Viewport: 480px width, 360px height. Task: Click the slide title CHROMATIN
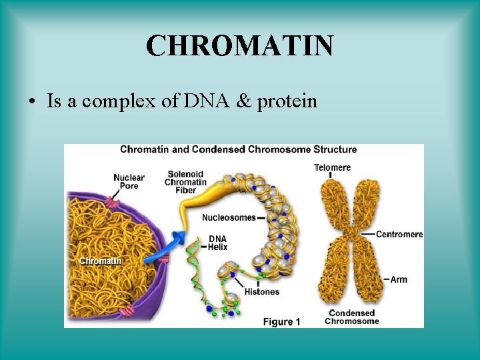(x=239, y=46)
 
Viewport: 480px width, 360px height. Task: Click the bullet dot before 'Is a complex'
(x=31, y=102)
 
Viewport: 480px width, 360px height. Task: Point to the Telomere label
(x=332, y=167)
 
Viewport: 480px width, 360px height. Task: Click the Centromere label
(x=399, y=234)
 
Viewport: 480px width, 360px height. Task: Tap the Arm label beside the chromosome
(x=399, y=279)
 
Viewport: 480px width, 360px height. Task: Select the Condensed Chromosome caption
(x=351, y=317)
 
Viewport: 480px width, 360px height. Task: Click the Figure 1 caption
(x=281, y=322)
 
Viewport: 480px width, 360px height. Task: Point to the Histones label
(x=262, y=291)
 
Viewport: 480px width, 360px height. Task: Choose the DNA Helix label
(x=218, y=243)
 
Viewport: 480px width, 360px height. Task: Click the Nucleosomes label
(x=229, y=217)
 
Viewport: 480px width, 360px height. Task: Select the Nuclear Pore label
(x=129, y=181)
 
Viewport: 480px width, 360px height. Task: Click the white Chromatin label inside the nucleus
(x=100, y=261)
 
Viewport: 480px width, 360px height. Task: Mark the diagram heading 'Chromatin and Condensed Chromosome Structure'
(x=238, y=149)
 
